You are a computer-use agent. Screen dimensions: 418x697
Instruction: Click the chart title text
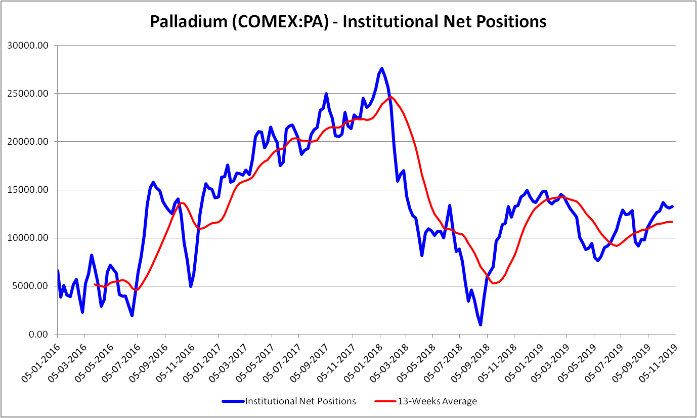click(x=348, y=21)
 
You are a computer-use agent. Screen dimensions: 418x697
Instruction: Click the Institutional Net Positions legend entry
click(x=300, y=401)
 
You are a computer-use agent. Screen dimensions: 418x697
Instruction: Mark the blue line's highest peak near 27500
click(x=382, y=68)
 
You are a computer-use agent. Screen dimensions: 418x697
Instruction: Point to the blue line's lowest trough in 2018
click(x=480, y=324)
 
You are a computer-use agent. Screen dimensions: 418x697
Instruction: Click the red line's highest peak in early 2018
click(x=391, y=97)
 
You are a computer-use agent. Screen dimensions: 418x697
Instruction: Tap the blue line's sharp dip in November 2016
click(x=191, y=286)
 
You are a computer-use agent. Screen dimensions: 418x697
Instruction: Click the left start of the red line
click(x=95, y=284)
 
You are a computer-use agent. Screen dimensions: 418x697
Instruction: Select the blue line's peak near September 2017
click(x=326, y=94)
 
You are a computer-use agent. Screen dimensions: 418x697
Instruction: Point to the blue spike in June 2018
click(x=450, y=205)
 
